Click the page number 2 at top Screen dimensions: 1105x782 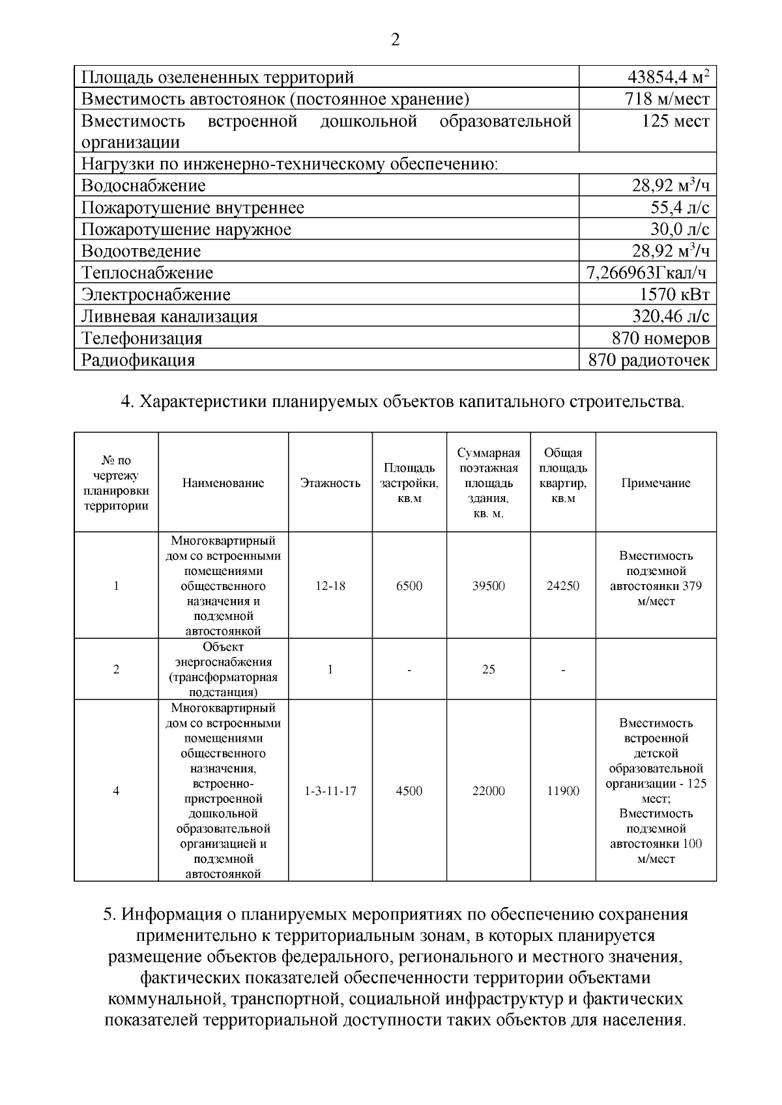click(x=395, y=40)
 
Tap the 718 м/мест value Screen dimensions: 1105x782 click(x=667, y=100)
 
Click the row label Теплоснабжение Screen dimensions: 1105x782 click(x=147, y=273)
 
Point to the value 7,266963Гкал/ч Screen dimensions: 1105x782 click(x=646, y=273)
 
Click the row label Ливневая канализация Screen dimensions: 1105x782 click(x=169, y=316)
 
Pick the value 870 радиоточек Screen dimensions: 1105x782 click(x=648, y=360)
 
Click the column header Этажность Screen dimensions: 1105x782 click(x=330, y=483)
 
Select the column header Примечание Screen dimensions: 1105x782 click(x=656, y=483)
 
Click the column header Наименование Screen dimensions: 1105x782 click(x=224, y=483)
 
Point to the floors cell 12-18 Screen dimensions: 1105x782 click(x=330, y=586)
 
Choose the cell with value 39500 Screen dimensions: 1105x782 click(x=489, y=586)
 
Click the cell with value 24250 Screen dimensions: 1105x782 click(x=563, y=586)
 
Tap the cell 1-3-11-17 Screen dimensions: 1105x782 click(x=330, y=791)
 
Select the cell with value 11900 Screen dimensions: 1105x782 click(x=563, y=791)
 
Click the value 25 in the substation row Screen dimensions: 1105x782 click(x=489, y=669)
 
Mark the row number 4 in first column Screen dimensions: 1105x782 click(x=116, y=791)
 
